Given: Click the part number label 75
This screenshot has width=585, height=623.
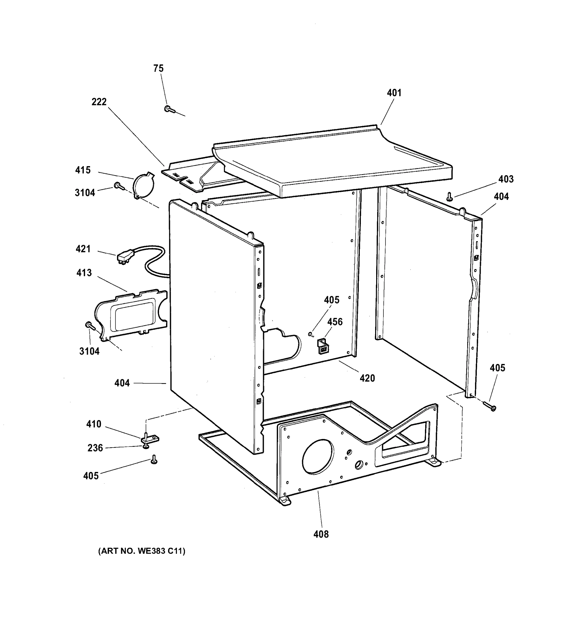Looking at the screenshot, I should click(159, 68).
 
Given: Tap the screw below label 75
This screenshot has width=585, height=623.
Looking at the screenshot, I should click(168, 109).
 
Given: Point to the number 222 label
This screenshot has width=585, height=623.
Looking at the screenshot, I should click(99, 102).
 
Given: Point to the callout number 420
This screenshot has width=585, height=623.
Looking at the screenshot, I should click(367, 378).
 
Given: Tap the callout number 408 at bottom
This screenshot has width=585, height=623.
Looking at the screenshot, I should click(321, 534).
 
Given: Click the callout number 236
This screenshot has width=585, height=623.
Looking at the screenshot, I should click(95, 448).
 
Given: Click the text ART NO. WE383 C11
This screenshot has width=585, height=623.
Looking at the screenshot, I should click(142, 559).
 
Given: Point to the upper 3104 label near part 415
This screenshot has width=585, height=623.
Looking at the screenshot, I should click(85, 193).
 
